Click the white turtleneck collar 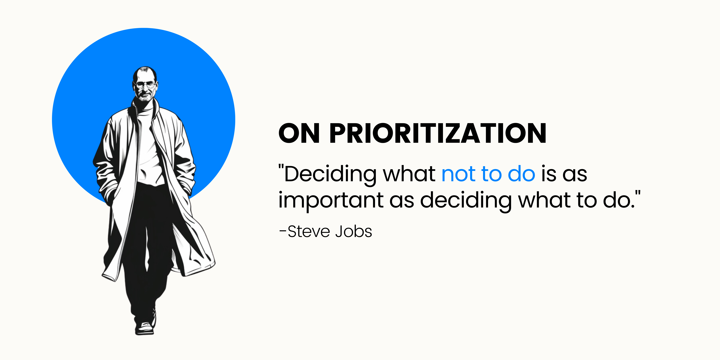click(145, 106)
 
